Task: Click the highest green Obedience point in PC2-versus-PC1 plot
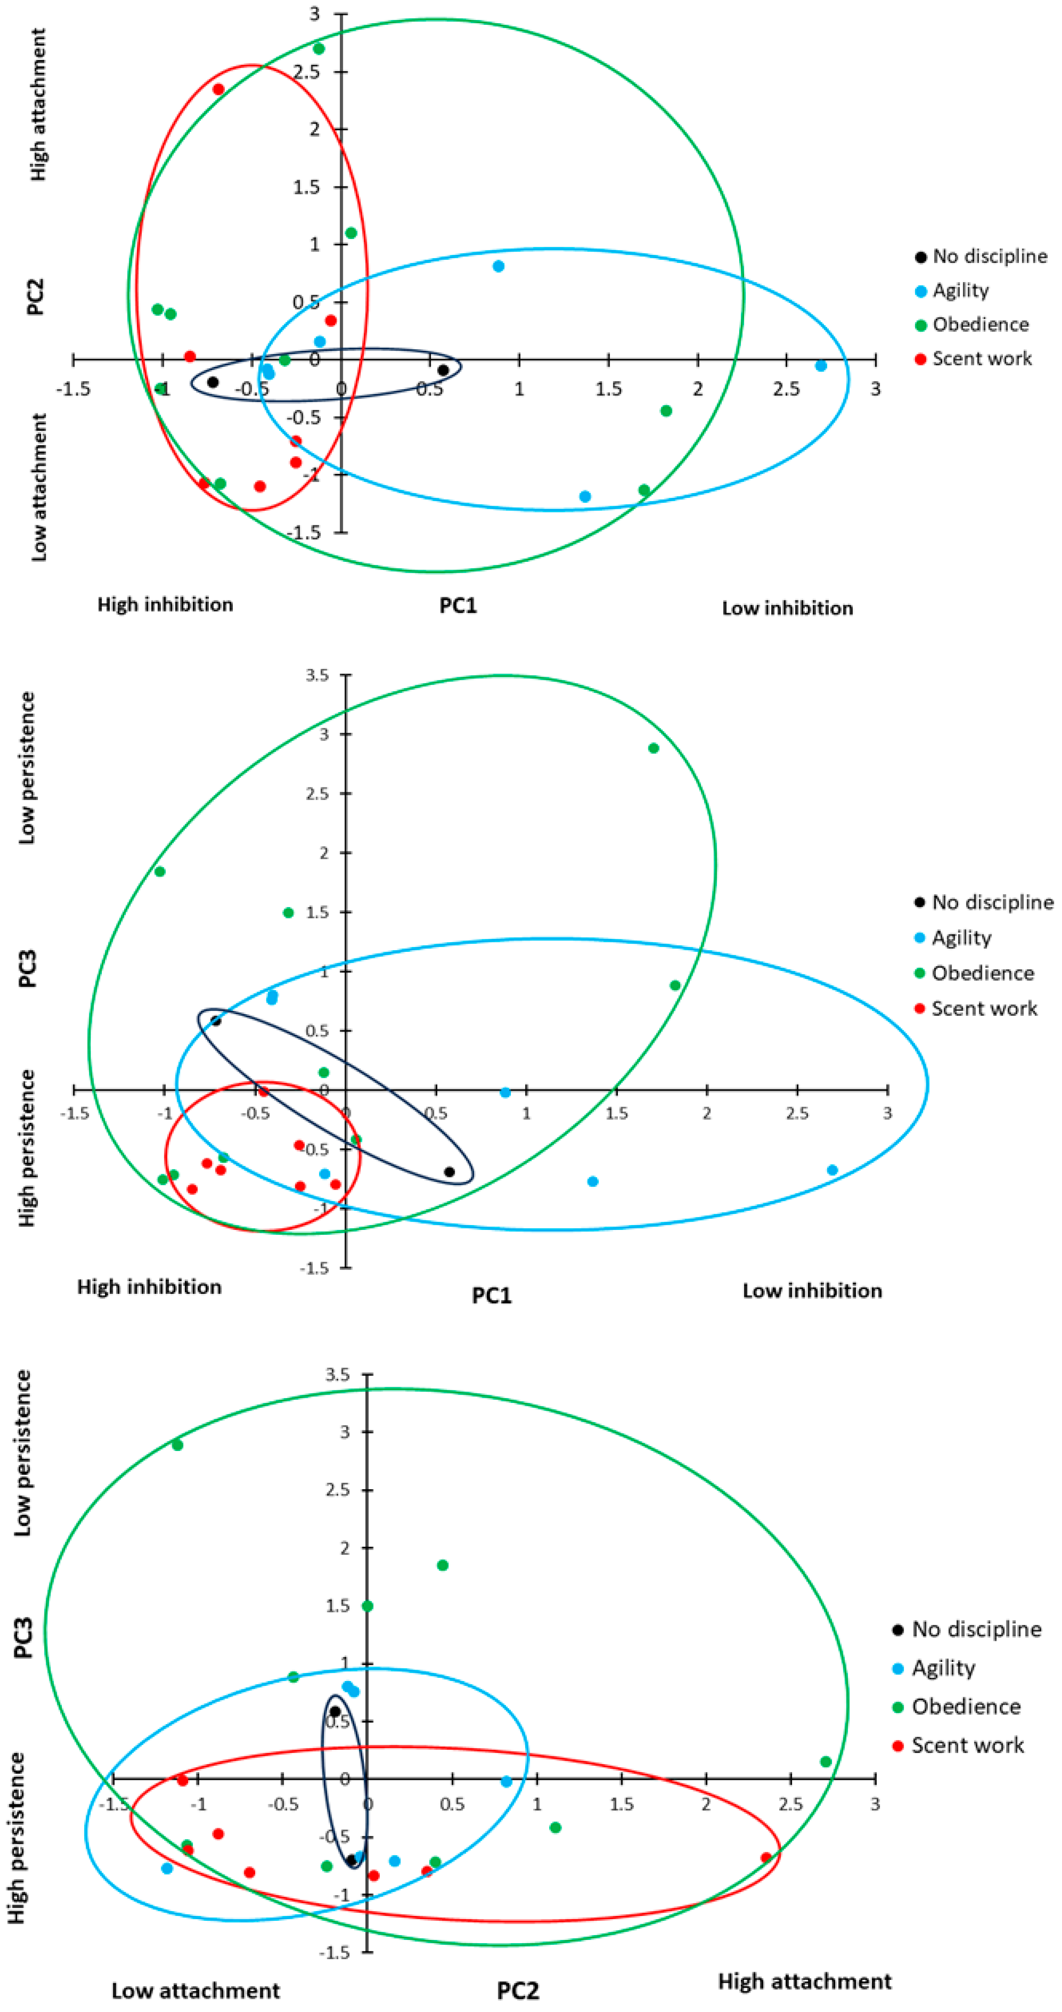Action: click(x=319, y=48)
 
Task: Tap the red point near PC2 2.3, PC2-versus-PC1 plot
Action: click(x=219, y=89)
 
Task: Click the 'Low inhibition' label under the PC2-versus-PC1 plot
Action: click(x=787, y=608)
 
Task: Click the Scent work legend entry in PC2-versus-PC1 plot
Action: click(x=981, y=359)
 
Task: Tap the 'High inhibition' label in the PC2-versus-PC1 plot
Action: click(x=165, y=605)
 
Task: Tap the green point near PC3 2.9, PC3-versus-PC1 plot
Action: click(x=654, y=748)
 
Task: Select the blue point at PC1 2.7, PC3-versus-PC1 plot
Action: click(x=832, y=1170)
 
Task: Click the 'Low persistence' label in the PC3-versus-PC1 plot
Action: click(x=27, y=768)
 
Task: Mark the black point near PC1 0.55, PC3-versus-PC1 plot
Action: click(x=449, y=1172)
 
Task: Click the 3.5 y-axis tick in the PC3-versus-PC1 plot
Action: click(x=317, y=675)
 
